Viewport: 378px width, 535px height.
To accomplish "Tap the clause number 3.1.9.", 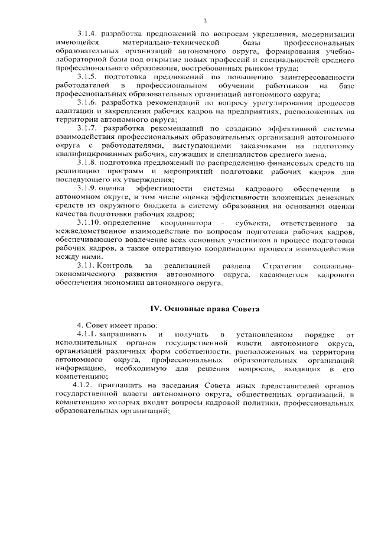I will pos(89,189).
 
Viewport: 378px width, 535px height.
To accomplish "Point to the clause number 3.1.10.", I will pos(90,223).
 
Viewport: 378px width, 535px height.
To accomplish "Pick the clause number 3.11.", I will pos(87,266).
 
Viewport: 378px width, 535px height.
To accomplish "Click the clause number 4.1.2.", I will pos(89,386).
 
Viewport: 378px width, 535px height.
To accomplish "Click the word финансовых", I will pos(297,163).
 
